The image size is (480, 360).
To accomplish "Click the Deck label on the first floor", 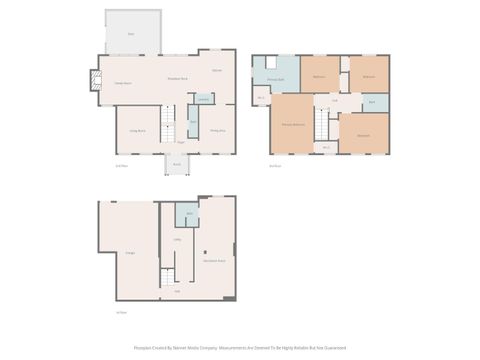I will click(131, 34).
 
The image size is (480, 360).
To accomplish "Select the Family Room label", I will click(122, 83).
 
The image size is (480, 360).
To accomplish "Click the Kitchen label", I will click(216, 70).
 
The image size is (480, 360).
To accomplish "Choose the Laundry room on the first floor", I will click(203, 99).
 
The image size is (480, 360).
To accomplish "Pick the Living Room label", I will click(137, 131).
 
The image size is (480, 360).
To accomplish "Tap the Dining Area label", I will click(217, 130).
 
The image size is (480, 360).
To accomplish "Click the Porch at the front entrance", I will click(176, 164).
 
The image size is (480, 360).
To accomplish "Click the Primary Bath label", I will click(275, 78).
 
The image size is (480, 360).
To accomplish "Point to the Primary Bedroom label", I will click(292, 123).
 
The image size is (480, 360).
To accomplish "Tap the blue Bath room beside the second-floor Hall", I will click(372, 102).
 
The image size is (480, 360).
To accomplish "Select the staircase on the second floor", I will click(321, 125).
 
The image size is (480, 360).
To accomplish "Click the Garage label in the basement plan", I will click(130, 254).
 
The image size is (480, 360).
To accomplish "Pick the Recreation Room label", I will click(213, 260).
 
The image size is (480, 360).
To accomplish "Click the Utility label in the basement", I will click(177, 240).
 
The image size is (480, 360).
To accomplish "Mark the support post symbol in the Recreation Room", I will click(205, 251).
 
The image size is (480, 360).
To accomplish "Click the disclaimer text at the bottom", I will click(240, 348).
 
